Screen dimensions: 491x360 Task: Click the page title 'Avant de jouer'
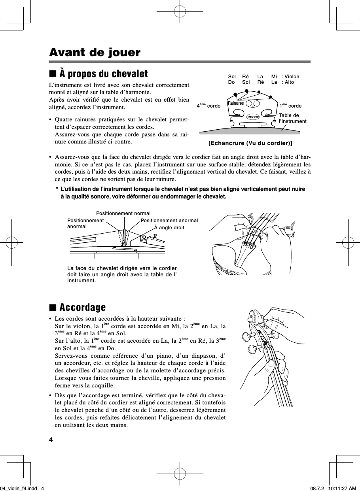tap(95, 52)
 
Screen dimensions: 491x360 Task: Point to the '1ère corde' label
tap(290, 106)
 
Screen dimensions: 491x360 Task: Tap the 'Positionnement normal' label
tap(123, 213)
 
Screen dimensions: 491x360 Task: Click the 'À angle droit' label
tap(169, 227)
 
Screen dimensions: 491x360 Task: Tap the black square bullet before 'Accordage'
tap(52, 308)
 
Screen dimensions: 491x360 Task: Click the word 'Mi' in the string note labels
tap(274, 77)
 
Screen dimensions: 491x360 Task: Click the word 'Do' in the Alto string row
tap(231, 82)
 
